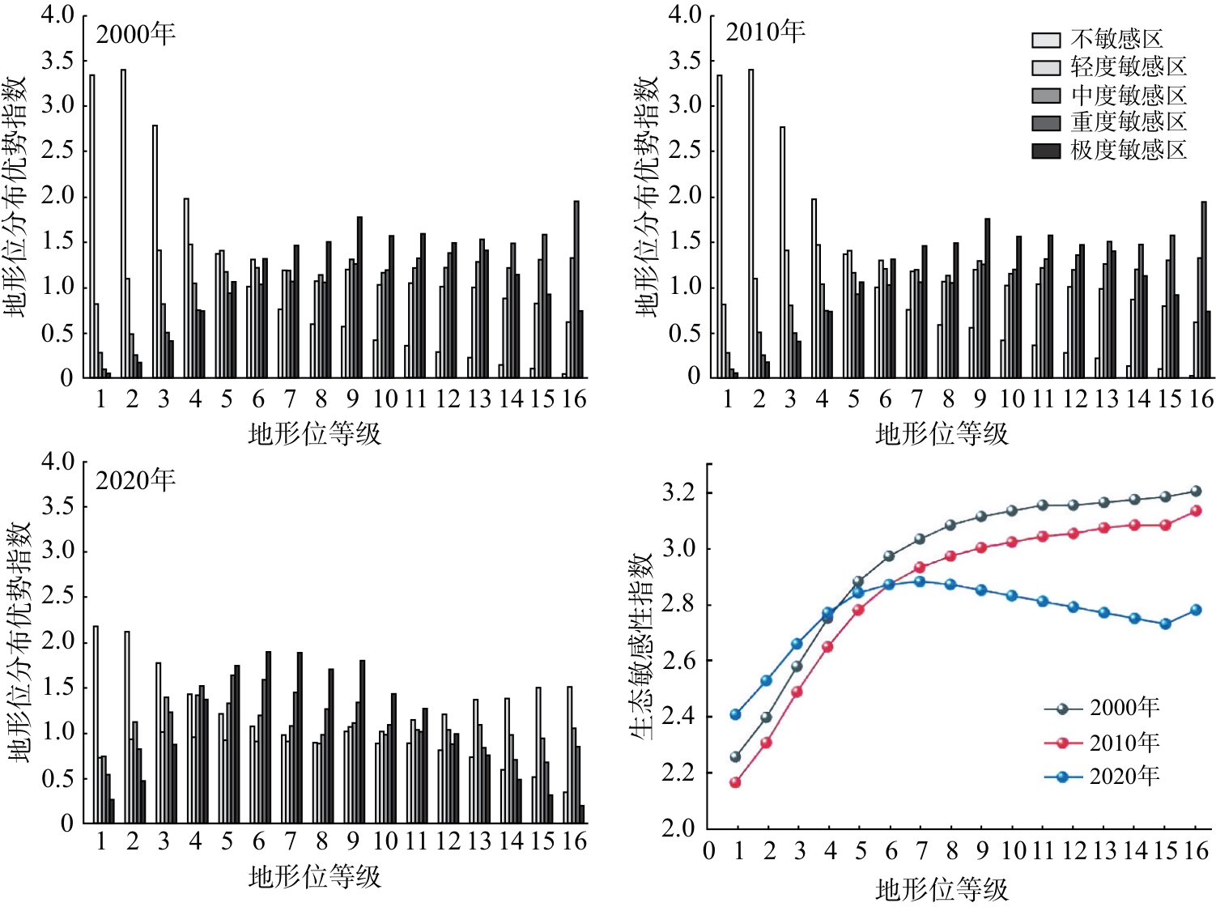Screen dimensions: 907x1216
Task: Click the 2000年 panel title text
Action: pos(135,34)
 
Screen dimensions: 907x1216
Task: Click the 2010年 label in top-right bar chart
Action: pos(765,32)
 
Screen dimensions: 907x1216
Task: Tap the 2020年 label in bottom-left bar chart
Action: pos(135,480)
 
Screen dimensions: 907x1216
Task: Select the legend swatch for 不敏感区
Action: pos(1046,40)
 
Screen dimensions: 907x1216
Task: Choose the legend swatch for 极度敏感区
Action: pos(1046,151)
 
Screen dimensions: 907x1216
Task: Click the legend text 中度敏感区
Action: pos(1129,96)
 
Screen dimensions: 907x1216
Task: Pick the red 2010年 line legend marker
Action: pos(1063,743)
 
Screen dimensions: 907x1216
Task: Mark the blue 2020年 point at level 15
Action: pos(1166,624)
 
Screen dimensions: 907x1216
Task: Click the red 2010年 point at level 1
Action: pos(735,782)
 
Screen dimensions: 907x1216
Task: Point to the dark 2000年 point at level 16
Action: pos(1197,491)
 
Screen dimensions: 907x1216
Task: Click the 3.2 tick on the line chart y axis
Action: pos(678,492)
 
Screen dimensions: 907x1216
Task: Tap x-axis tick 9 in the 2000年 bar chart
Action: pos(352,399)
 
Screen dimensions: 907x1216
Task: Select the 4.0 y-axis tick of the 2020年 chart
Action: pos(57,462)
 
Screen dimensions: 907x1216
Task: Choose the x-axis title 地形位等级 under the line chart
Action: pos(942,889)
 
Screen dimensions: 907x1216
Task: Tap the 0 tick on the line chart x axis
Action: pos(709,851)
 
